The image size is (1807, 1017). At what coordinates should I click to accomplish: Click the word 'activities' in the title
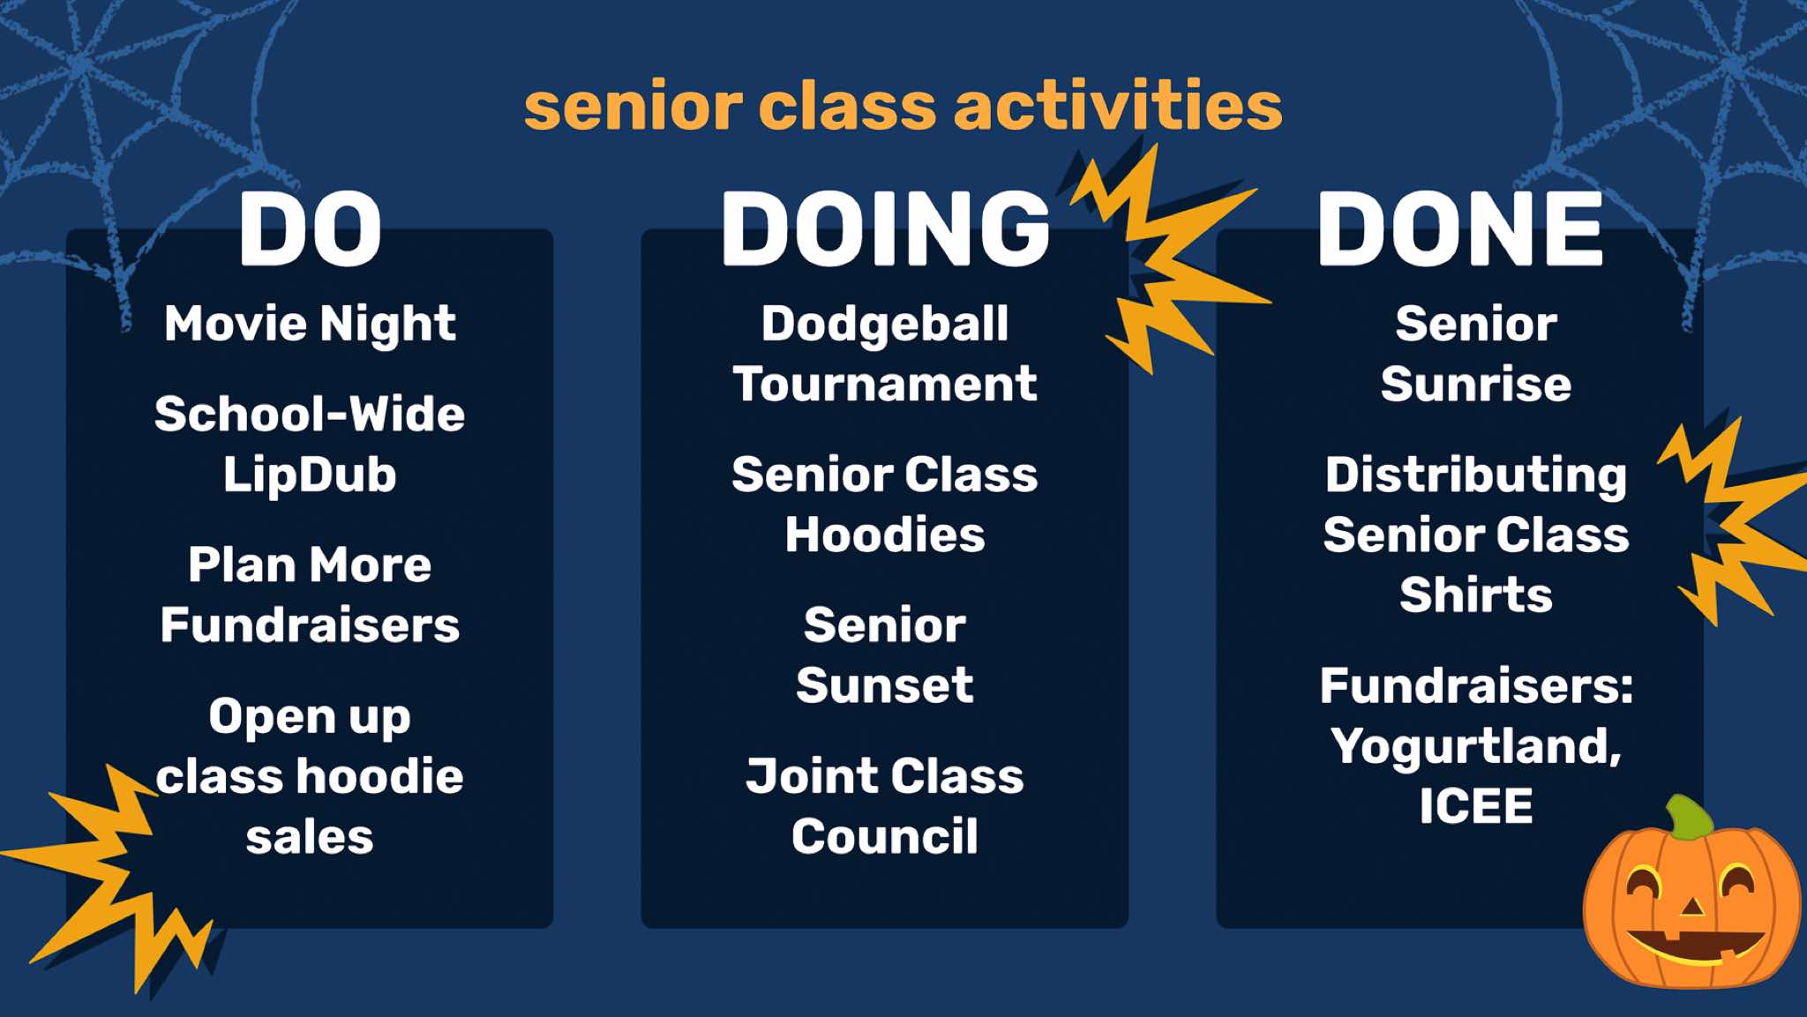click(1118, 106)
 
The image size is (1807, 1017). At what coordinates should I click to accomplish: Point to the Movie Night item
click(310, 325)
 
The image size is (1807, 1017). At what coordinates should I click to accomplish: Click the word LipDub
click(310, 475)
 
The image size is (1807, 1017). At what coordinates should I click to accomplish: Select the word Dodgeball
click(885, 325)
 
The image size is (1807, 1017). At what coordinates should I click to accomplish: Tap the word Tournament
click(885, 385)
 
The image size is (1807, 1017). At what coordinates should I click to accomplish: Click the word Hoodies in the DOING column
click(885, 535)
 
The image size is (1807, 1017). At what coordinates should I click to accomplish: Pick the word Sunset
click(885, 685)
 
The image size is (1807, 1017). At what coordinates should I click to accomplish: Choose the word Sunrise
click(1476, 385)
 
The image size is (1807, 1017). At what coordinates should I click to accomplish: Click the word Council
click(885, 836)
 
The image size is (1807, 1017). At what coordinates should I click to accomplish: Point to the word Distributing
click(1476, 476)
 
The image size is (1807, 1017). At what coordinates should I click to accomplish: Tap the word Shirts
click(1476, 594)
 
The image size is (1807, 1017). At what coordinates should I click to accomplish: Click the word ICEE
click(1476, 806)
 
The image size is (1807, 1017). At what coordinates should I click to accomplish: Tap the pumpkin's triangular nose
click(1691, 905)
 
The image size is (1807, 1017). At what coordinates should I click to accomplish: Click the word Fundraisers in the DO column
click(310, 625)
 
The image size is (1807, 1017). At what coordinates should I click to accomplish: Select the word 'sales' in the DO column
click(310, 837)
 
